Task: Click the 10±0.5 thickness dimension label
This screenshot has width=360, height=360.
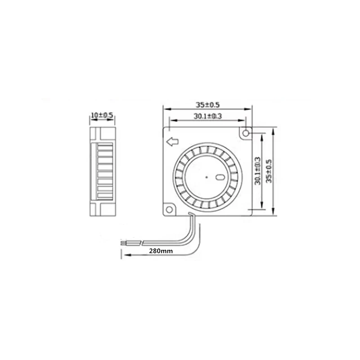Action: coord(102,115)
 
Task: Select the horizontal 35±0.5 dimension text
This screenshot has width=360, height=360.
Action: coord(207,105)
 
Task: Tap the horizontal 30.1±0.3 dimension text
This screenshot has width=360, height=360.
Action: coord(208,116)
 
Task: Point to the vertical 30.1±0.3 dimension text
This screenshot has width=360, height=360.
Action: coord(258,171)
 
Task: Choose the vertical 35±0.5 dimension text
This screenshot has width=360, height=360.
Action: coord(269,171)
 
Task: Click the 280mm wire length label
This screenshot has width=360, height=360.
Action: coord(161,251)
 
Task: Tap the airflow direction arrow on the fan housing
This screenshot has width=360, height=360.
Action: coord(172,142)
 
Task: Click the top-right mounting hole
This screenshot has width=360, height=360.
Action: coord(246,133)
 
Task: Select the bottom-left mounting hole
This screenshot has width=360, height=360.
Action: coord(169,209)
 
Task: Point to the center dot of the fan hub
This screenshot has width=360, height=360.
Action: coord(207,177)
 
